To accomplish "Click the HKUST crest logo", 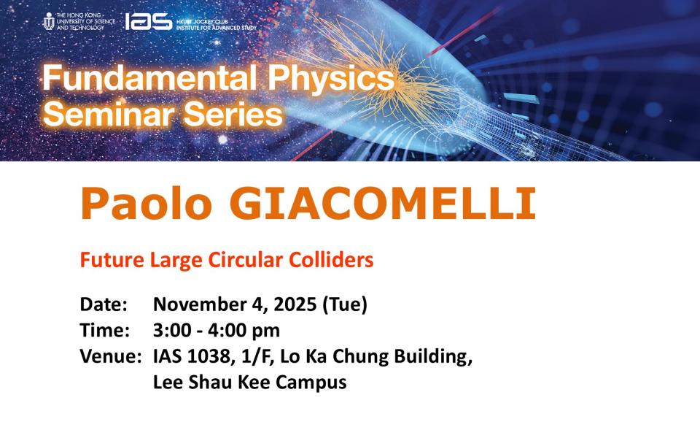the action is point(49,21).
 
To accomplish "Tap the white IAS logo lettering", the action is point(148,21).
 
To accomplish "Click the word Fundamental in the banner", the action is point(149,78).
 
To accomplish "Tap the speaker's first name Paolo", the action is point(146,204).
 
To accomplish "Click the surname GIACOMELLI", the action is point(383,204).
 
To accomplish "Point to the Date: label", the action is point(104,304).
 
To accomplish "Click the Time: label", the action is point(105,331).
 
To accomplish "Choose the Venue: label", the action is point(111,356).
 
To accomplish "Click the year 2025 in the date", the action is point(295,304).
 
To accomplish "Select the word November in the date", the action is point(200,304).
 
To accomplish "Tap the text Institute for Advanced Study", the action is point(217,28).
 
